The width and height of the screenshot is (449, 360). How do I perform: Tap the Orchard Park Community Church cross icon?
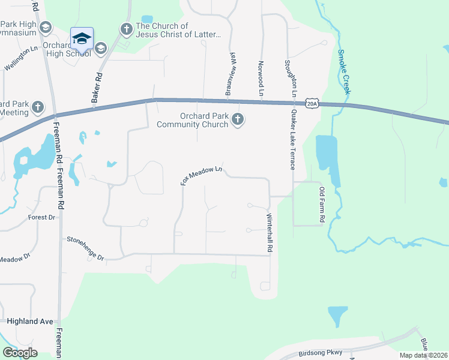point(238,119)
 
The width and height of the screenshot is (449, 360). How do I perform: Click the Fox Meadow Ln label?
point(202,175)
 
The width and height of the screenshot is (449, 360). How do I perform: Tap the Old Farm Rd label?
point(322,205)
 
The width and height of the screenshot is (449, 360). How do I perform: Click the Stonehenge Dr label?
point(86,248)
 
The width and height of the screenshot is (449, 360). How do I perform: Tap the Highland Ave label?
point(30,322)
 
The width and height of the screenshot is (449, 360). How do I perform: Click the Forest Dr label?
point(41,217)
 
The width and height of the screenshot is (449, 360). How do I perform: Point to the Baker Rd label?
point(95,88)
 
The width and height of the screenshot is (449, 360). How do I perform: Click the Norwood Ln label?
point(261,78)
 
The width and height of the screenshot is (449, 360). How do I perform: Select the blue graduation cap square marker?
point(82,40)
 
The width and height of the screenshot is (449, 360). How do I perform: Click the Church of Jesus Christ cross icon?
point(126,28)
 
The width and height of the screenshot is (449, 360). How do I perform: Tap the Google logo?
point(20,352)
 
